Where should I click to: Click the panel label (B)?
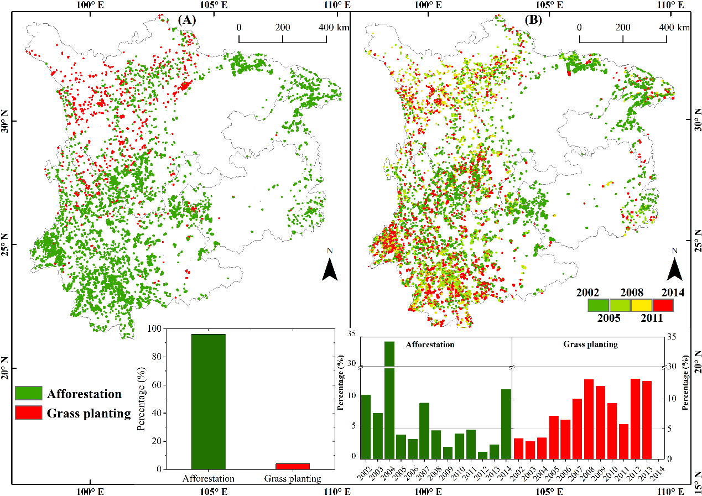click(534, 20)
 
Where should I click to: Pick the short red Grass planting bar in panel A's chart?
click(292, 466)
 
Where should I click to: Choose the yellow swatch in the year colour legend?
click(641, 305)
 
